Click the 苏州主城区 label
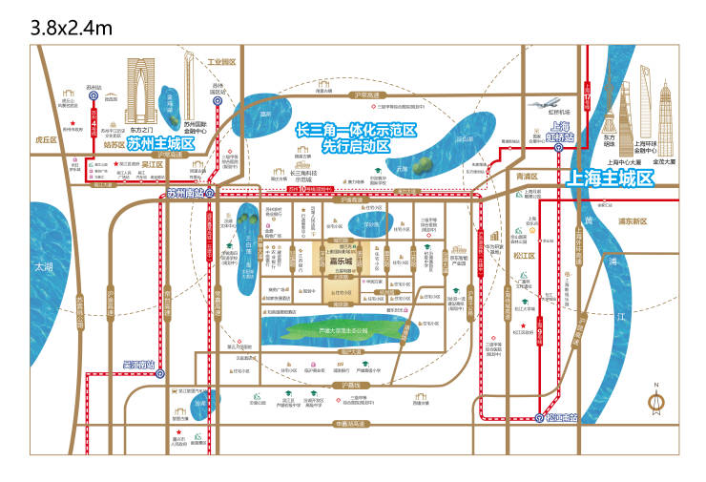click(x=160, y=144)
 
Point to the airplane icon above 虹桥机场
click(x=547, y=107)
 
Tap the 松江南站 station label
click(x=559, y=416)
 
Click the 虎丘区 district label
click(x=46, y=139)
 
